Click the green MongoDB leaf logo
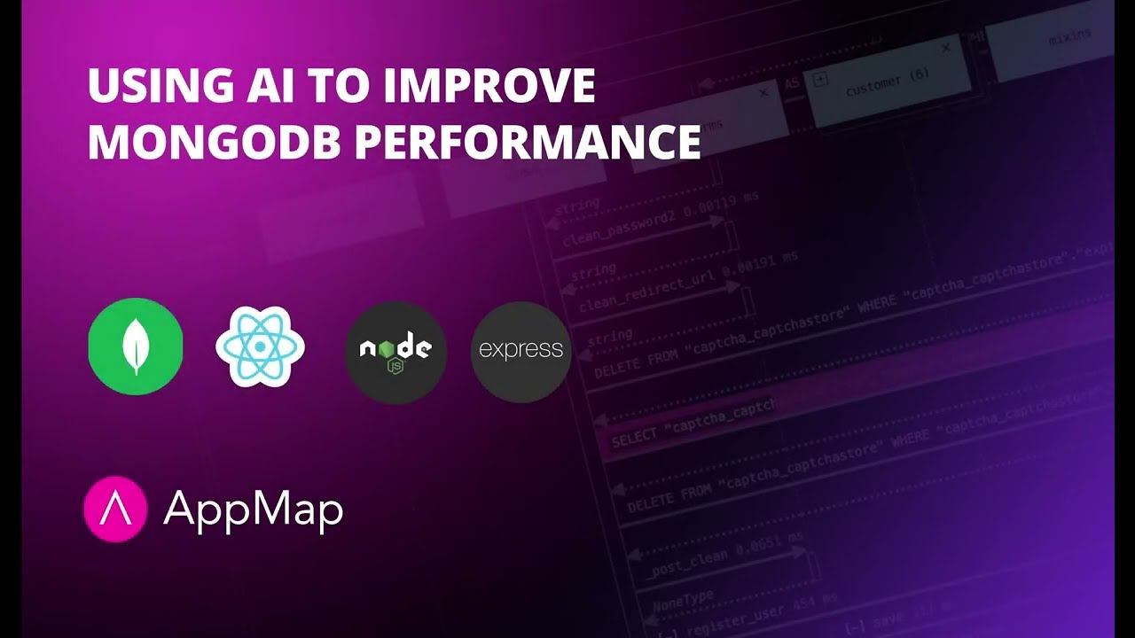click(x=136, y=346)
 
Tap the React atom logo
click(x=260, y=346)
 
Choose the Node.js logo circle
click(x=395, y=351)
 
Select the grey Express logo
click(x=521, y=351)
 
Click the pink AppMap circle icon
click(x=114, y=509)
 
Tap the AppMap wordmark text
click(x=253, y=510)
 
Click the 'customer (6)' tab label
click(x=887, y=84)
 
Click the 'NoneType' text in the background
click(x=683, y=598)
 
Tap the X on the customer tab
click(x=945, y=48)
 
